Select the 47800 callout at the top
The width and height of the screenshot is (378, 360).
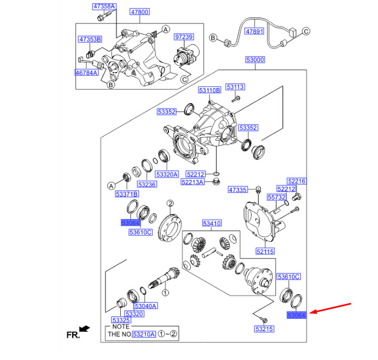tap(140, 12)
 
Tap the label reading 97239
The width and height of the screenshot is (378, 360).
tap(184, 37)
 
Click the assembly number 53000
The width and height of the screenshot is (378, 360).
tap(255, 60)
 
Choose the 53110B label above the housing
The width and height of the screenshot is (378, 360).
tap(210, 91)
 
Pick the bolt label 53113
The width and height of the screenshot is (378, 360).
tap(235, 87)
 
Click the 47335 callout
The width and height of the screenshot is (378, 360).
tap(238, 190)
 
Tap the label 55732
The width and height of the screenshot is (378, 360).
tap(277, 197)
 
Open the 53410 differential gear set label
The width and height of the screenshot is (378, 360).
tap(211, 223)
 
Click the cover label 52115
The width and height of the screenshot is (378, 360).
tap(265, 251)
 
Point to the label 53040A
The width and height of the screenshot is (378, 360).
tap(145, 306)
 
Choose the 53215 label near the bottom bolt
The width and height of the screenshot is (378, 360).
tap(264, 329)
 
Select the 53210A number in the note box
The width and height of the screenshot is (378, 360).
tap(144, 334)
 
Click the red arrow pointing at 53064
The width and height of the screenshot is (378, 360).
tap(331, 309)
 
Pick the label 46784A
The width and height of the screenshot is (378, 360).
tap(87, 72)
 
